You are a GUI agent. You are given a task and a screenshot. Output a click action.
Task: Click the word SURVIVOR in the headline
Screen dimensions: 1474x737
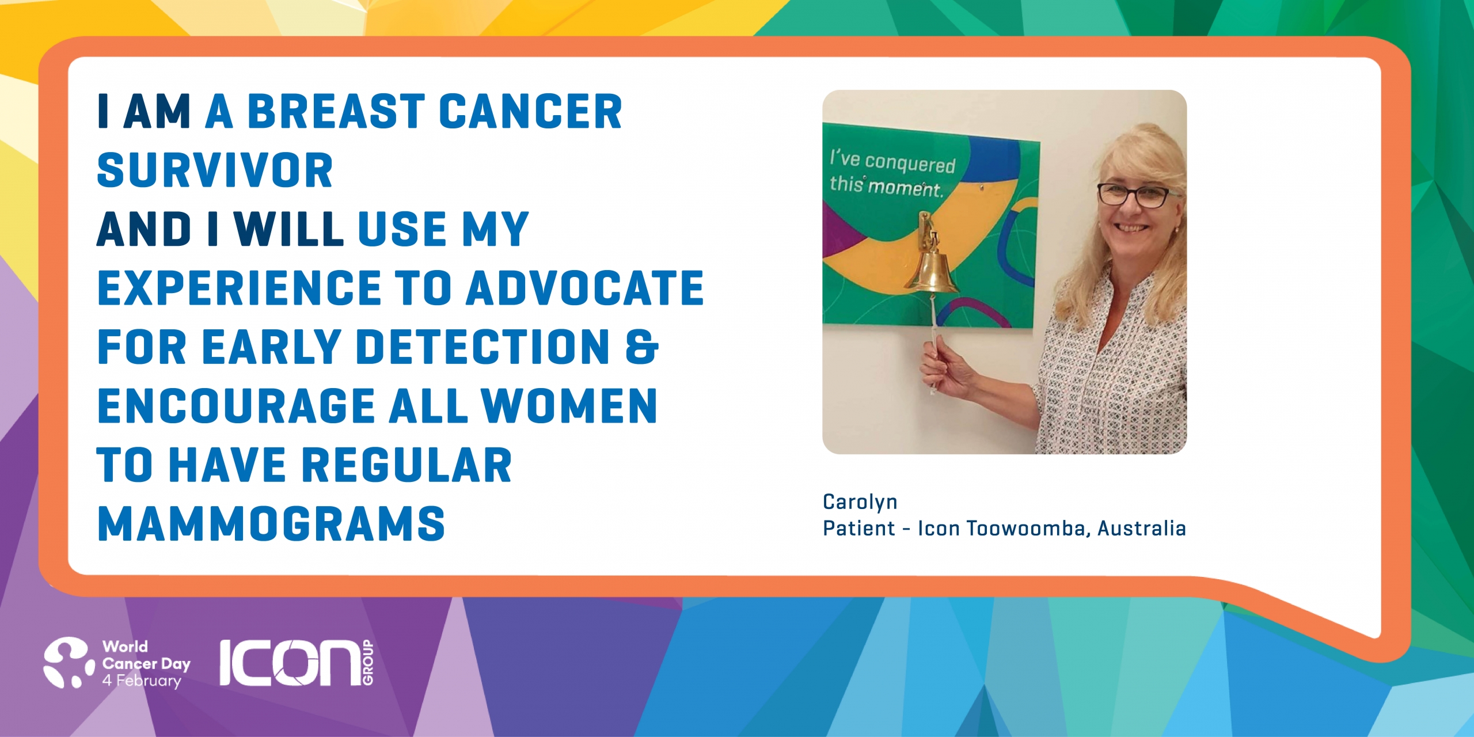215,170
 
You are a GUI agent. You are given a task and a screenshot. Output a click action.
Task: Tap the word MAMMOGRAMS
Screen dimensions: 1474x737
271,524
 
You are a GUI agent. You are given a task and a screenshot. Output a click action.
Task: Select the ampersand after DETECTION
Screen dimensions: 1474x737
641,347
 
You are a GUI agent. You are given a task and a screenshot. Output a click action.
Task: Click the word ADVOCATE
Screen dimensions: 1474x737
585,288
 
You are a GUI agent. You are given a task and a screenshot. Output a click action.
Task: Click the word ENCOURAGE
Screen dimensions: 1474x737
237,406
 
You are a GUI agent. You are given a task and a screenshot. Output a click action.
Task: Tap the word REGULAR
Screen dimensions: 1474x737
407,465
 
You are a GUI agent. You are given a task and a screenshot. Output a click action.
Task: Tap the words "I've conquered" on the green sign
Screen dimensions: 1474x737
892,161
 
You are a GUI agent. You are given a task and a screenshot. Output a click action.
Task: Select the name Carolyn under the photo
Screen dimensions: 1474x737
860,502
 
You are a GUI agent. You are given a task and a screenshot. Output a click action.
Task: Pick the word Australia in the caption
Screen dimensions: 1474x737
1141,529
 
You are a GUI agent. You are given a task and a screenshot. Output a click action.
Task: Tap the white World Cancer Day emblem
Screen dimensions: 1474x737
69,662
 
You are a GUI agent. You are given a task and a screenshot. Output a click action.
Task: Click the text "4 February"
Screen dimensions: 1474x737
142,681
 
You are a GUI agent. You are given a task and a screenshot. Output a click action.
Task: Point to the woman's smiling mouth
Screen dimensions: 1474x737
1132,229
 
